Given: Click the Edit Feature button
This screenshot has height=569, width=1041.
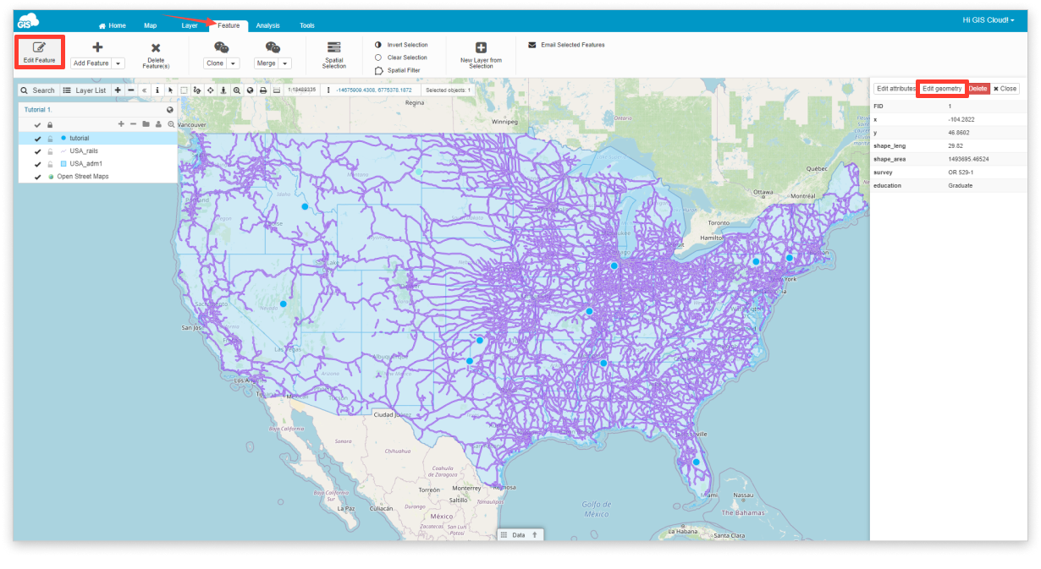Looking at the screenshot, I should coord(40,52).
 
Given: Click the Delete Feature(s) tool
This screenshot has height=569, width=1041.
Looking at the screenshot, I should coord(156,56).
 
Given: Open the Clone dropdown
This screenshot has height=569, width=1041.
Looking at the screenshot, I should coord(221,63).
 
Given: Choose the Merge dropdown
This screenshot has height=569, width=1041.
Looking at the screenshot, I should coord(273,63).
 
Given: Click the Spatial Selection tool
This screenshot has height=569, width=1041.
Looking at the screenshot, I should coord(333,56).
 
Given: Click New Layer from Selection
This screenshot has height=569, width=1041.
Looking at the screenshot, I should coord(481,56).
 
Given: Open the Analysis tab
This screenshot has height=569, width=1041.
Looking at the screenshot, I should coord(267,25).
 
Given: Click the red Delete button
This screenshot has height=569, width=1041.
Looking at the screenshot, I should coord(978,88).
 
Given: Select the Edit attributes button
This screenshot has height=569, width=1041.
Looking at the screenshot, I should coord(895,88).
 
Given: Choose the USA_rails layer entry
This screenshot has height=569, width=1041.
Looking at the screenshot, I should coord(84,150).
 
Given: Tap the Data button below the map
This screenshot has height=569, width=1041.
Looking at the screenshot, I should coord(519,535).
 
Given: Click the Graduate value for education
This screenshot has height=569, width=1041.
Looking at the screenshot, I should coord(961,185).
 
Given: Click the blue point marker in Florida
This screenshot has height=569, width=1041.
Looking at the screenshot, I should coord(696,462).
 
